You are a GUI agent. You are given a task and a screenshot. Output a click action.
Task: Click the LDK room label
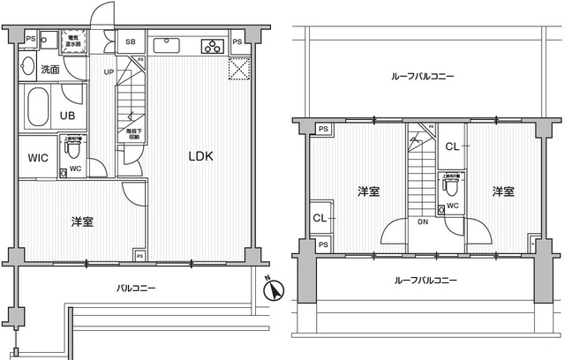tap(200, 157)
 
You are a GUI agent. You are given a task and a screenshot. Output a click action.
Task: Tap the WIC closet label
tap(38, 159)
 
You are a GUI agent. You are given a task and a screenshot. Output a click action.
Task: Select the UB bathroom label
tap(67, 116)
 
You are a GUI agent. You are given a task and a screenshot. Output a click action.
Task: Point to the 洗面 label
tap(49, 68)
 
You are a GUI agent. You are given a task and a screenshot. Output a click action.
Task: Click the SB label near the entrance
tap(130, 41)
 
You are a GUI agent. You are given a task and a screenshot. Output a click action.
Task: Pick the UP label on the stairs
tap(110, 72)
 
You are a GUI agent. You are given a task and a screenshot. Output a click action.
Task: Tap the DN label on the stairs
tap(422, 222)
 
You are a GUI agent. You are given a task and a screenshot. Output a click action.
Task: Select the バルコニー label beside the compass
tap(136, 289)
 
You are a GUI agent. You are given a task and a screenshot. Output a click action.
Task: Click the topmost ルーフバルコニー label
tap(422, 77)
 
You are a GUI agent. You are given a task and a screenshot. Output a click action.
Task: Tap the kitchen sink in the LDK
tap(169, 46)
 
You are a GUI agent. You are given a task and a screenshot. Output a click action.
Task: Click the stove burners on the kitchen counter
tap(212, 46)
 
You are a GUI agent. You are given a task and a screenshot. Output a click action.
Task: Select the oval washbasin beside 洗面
tap(27, 68)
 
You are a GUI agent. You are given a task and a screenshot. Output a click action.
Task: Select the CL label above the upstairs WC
tap(452, 147)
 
